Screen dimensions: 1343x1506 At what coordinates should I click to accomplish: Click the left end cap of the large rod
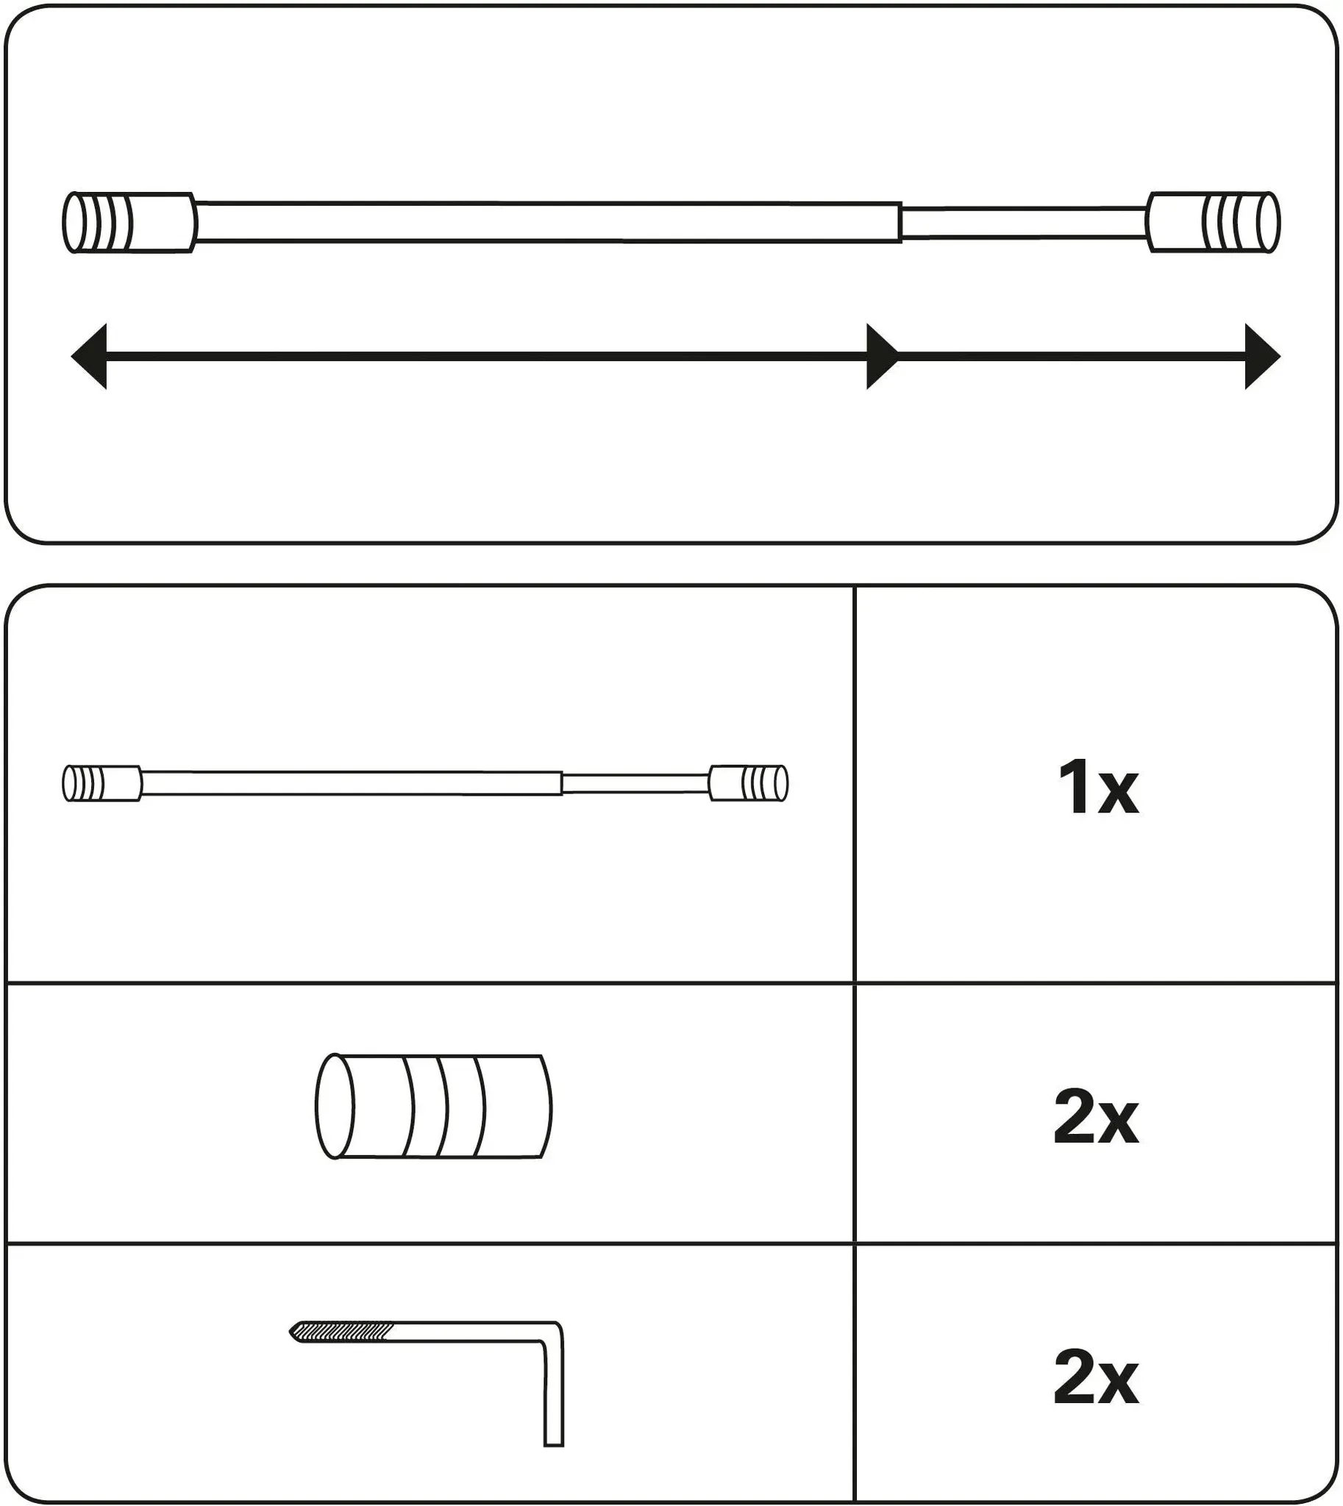point(130,223)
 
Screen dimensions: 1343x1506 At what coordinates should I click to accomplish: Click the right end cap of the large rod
point(1213,223)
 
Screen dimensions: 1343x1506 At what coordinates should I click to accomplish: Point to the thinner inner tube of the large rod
point(1024,223)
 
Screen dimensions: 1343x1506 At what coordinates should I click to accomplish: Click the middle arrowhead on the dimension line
point(883,357)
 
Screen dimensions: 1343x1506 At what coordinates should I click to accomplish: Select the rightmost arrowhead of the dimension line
point(1263,357)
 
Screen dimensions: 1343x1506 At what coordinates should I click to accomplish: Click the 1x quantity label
point(1098,789)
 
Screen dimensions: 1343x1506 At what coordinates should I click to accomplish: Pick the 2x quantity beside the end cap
point(1097,1119)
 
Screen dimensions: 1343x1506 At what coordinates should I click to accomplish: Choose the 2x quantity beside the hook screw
point(1097,1377)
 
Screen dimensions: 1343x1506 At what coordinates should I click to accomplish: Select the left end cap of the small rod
point(101,784)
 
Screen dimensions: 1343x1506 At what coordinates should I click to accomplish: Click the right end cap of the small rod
point(748,784)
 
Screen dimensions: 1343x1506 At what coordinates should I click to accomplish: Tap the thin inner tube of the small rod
point(635,784)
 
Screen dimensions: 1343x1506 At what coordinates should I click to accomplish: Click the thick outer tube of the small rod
point(352,784)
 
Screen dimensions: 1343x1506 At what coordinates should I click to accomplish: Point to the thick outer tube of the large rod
point(549,221)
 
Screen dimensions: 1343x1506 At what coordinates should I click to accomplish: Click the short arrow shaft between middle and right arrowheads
point(1072,357)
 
